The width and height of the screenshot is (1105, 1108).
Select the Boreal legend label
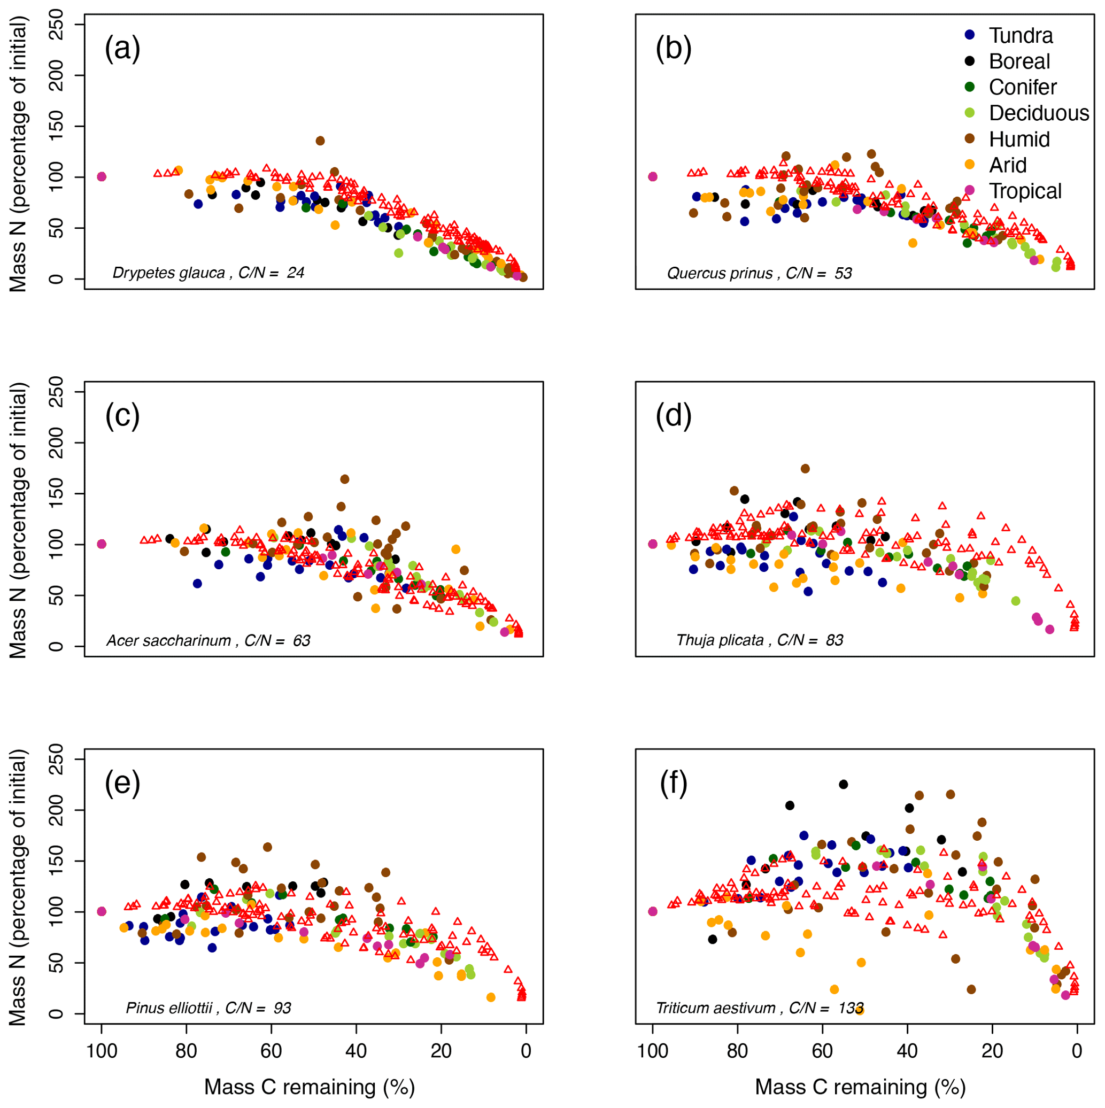point(1018,61)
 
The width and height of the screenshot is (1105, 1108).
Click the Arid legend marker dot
point(970,165)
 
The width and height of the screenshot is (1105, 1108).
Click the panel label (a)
point(122,48)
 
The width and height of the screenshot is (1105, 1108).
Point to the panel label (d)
point(673,415)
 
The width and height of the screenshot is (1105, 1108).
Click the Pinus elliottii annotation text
point(169,1008)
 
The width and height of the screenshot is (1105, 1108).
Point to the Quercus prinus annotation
point(720,273)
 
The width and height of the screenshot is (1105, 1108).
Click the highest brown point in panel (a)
point(320,141)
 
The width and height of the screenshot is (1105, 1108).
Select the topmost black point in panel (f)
point(844,784)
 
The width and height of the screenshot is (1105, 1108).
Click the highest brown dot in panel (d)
point(805,469)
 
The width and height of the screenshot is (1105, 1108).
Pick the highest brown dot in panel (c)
point(345,479)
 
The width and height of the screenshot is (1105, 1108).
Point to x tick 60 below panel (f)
point(822,1051)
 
